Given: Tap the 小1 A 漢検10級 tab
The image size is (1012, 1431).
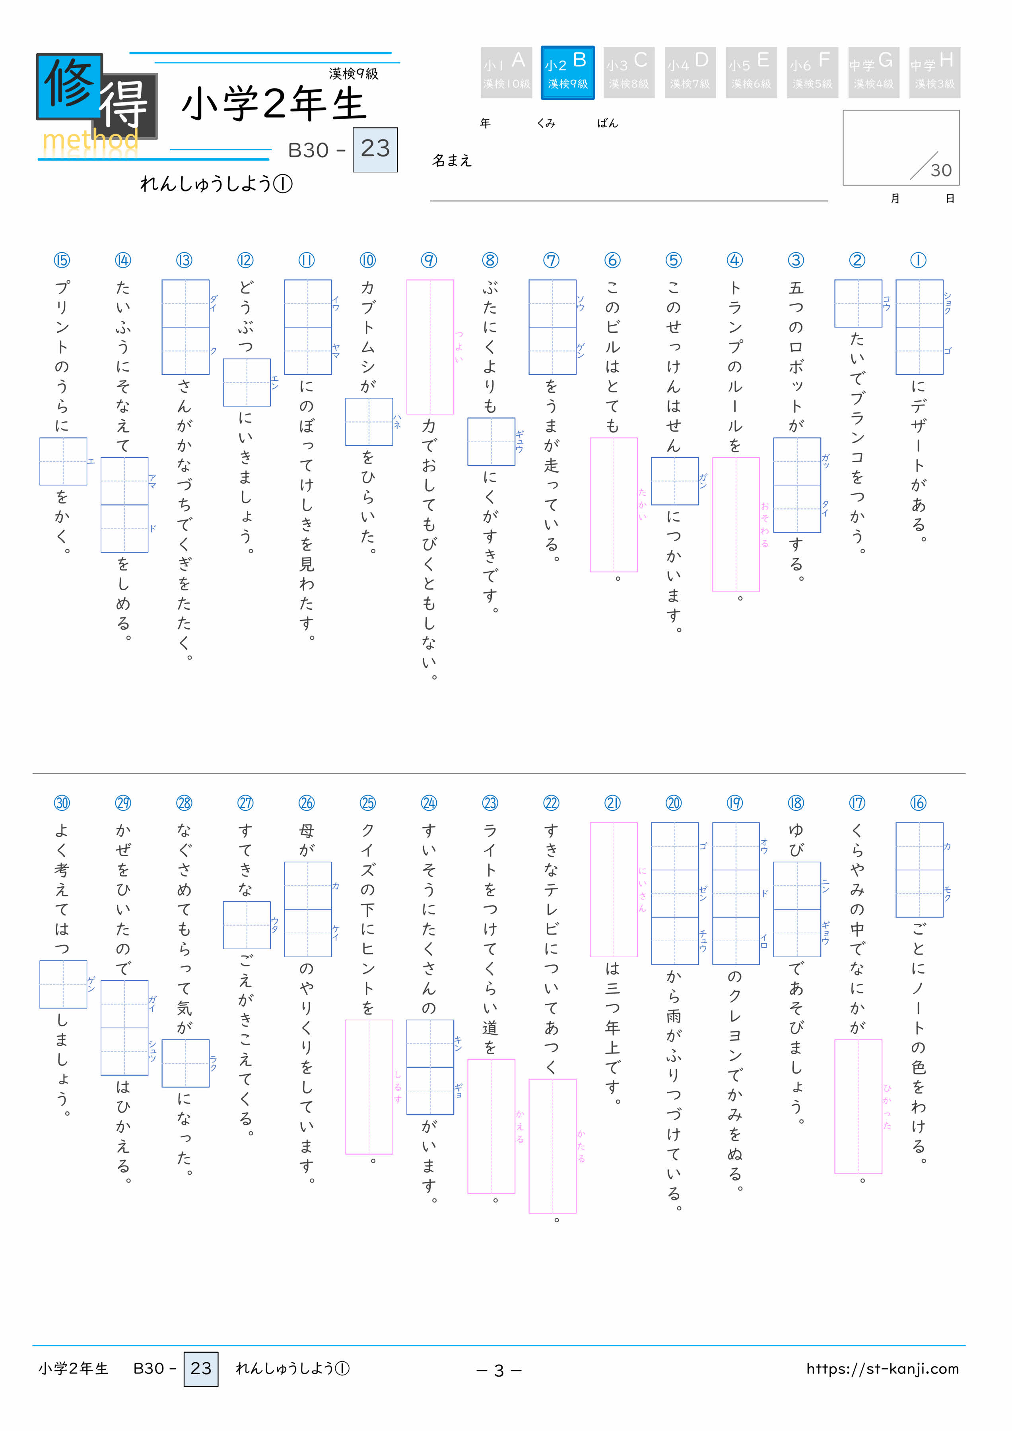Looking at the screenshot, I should tap(506, 72).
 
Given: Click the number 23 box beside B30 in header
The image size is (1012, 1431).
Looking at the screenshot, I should tap(375, 149).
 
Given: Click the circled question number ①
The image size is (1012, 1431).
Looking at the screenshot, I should tap(918, 260).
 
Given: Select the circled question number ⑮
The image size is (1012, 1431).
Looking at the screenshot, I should tap(62, 260).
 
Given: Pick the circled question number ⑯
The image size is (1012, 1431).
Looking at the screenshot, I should tap(918, 803).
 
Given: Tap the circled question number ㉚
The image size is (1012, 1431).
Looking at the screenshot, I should tap(62, 803).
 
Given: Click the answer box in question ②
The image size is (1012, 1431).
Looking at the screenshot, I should tap(858, 304).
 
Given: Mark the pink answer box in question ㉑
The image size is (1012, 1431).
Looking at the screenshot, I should tap(614, 889).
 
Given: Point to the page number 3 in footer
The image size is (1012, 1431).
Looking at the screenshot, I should tap(499, 1370).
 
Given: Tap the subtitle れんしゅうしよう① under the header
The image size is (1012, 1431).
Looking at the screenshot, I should tap(216, 184).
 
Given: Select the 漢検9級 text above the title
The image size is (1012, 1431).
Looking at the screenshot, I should tap(354, 74).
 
